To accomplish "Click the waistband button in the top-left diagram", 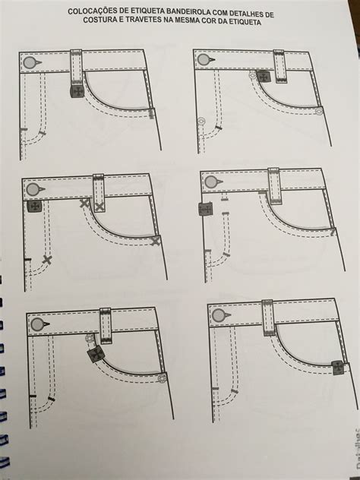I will [x=28, y=62].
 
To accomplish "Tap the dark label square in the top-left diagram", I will [x=76, y=91].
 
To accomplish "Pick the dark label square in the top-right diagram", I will [x=264, y=76].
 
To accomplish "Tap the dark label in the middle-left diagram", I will [x=33, y=206].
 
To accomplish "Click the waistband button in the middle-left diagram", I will [x=33, y=189].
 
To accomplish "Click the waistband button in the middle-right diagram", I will [x=210, y=182].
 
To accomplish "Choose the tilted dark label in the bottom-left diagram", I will [x=95, y=355].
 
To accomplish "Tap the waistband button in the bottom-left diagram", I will [x=36, y=325].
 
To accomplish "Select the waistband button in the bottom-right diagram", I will [x=219, y=315].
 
